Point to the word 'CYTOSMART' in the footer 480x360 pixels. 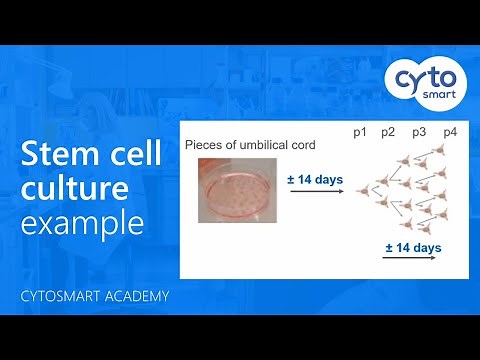63,297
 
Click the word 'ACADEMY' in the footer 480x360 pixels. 138,297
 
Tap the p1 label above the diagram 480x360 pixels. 361,132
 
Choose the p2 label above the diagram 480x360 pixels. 389,132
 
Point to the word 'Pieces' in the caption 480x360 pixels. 203,146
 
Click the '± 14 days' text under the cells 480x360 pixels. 413,246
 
